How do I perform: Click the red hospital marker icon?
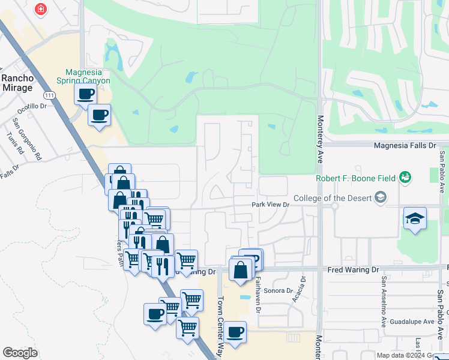click(41, 10)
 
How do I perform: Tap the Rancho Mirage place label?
click(17, 83)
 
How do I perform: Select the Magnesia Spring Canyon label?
click(83, 76)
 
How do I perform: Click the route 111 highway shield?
click(50, 95)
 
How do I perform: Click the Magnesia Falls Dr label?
click(405, 145)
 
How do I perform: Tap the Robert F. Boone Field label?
click(356, 178)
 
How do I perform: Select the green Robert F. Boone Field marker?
click(406, 177)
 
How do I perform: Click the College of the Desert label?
click(331, 198)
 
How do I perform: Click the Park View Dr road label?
click(270, 205)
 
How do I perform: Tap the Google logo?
click(20, 353)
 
